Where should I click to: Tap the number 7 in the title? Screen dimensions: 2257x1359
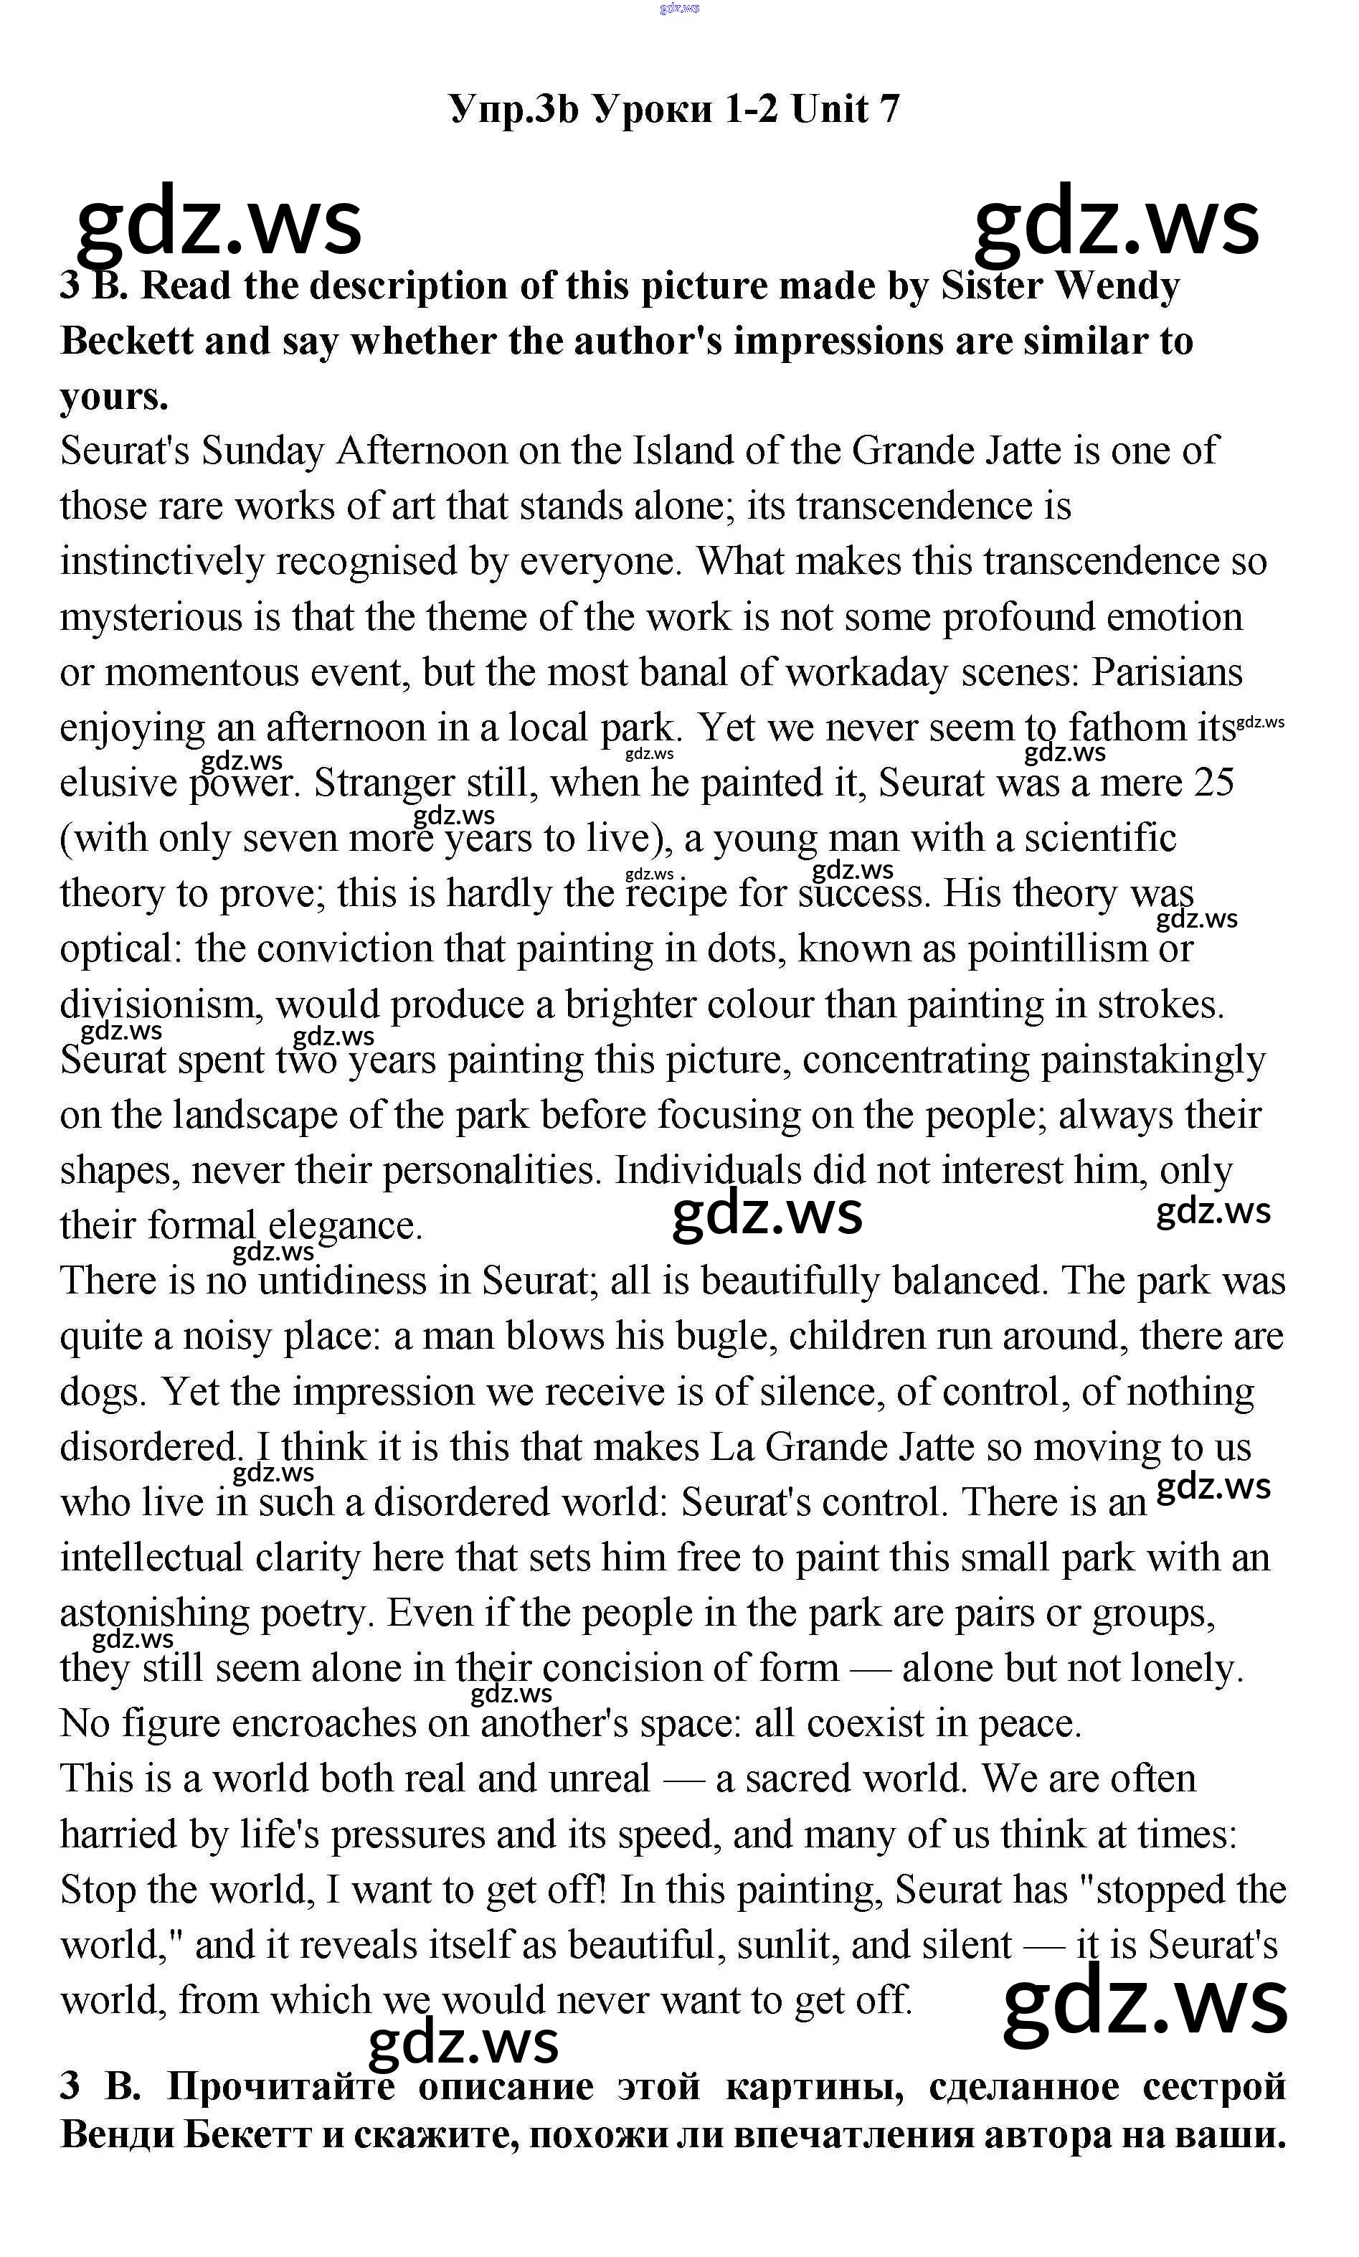(x=889, y=109)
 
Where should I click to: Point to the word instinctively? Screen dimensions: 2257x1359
(x=161, y=562)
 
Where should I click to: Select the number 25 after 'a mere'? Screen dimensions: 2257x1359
(x=1214, y=783)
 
